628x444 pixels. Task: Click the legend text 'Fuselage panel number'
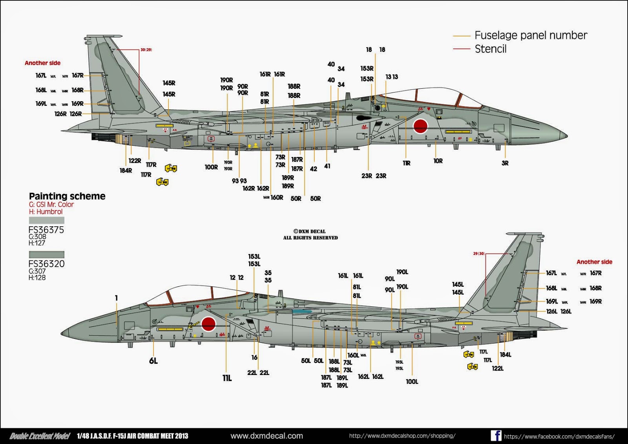(x=531, y=35)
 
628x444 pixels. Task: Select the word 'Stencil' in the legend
(x=491, y=49)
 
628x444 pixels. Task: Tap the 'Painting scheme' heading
(x=67, y=196)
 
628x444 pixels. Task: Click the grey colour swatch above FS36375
(x=46, y=220)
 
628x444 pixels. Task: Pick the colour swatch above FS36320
(x=46, y=255)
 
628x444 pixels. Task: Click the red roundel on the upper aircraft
(x=420, y=126)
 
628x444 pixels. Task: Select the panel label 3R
(x=505, y=163)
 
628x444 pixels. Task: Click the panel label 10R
(x=438, y=161)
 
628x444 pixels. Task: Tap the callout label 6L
(x=153, y=361)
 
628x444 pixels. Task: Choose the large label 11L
(x=227, y=378)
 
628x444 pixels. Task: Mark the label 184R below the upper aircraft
(x=126, y=171)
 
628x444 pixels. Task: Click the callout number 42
(x=314, y=169)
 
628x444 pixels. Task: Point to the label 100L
(x=412, y=382)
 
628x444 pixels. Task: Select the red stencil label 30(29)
(x=146, y=50)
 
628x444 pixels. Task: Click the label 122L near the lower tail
(x=498, y=368)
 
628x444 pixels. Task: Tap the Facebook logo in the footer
(x=496, y=435)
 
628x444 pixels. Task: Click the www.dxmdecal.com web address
(x=267, y=436)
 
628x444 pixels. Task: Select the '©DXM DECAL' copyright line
(x=310, y=231)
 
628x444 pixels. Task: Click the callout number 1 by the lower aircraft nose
(x=116, y=298)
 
